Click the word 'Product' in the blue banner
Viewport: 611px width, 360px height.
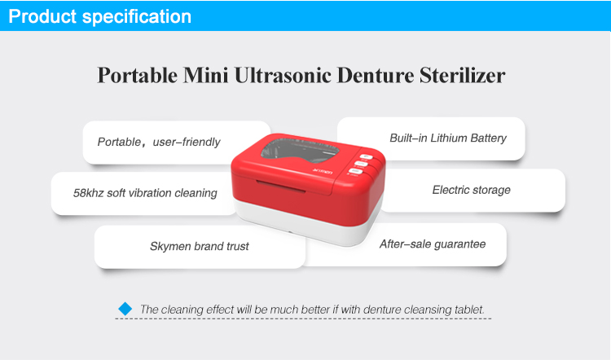point(42,16)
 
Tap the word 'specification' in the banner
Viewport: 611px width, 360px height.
point(137,17)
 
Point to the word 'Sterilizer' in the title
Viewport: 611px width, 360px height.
point(462,75)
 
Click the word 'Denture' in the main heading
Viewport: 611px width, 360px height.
point(376,75)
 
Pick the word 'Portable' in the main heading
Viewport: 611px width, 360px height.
point(137,75)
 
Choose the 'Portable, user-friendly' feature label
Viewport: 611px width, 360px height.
point(159,143)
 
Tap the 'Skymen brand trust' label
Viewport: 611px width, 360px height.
point(200,246)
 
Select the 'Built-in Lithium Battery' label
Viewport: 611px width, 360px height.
point(448,138)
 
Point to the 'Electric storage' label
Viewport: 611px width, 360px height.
point(471,190)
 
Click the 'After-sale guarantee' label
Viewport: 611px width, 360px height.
point(433,244)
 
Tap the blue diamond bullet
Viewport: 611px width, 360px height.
point(125,309)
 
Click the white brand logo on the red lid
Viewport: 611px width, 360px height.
point(323,171)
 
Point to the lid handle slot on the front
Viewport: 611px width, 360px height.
point(280,187)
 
